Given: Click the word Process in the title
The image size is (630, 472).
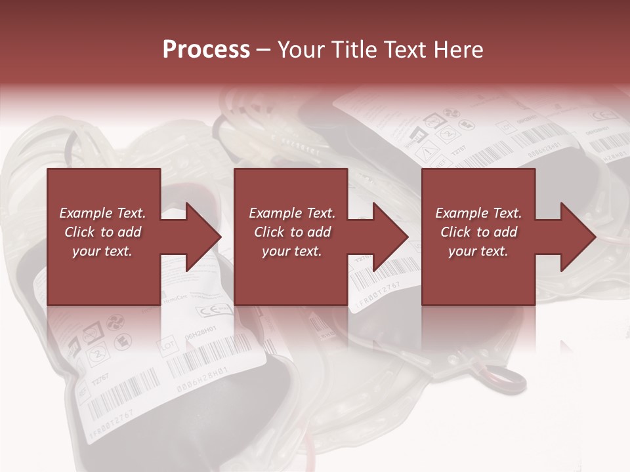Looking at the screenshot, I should (x=206, y=50).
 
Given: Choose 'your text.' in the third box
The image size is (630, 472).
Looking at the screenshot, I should (x=478, y=251).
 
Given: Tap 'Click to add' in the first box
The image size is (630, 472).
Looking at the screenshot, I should (x=103, y=232).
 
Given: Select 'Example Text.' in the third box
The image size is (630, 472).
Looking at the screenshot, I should (x=478, y=213).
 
